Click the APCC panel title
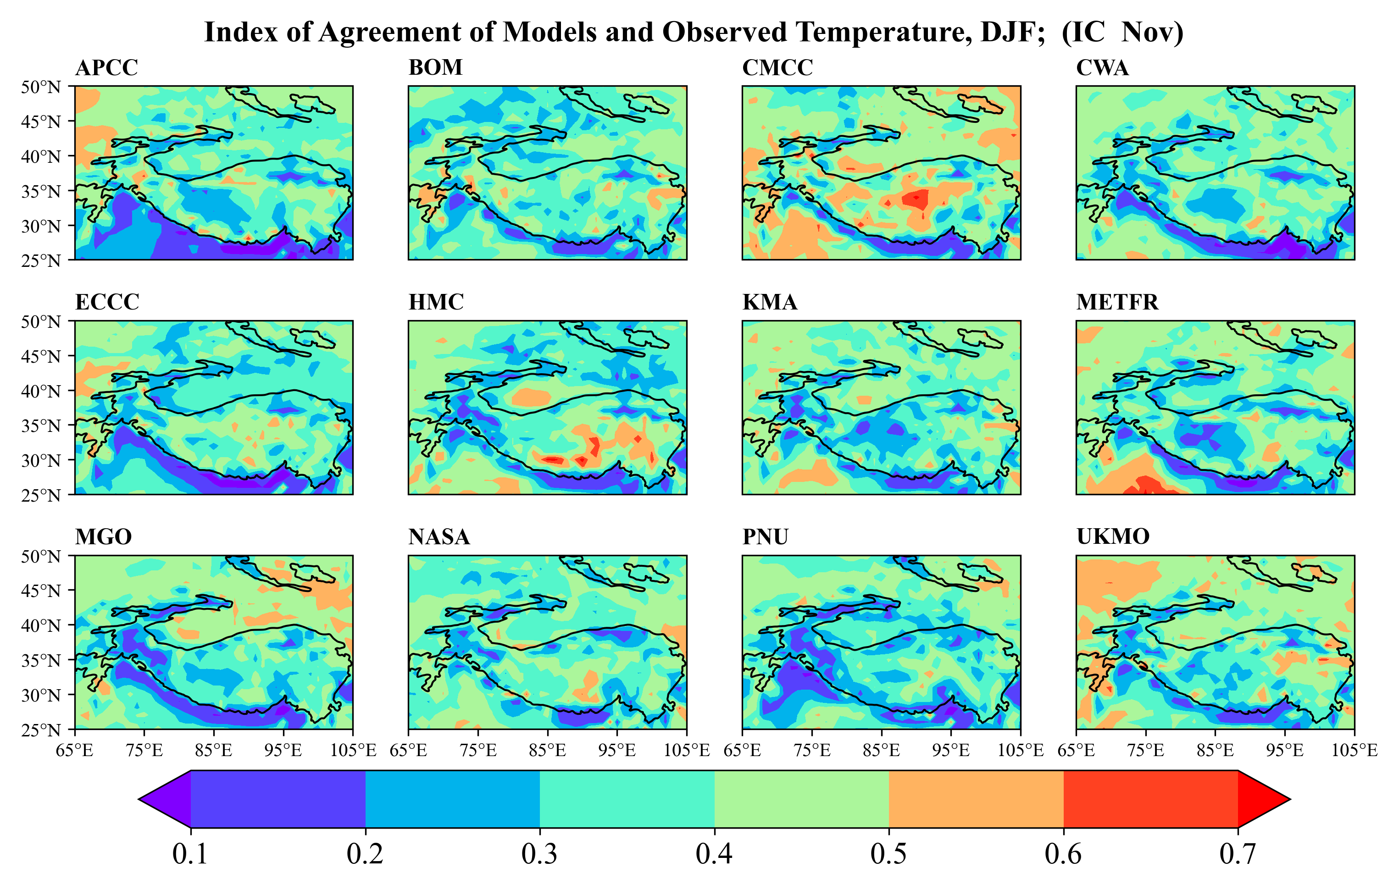point(106,68)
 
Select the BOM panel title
point(435,68)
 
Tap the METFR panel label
point(1116,303)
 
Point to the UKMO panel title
point(1112,537)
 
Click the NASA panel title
point(439,537)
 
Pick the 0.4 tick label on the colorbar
point(714,854)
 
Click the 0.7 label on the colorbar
point(1238,854)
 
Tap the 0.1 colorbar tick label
point(190,854)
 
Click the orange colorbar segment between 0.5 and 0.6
point(976,799)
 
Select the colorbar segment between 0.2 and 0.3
point(453,799)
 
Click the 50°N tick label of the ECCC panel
point(41,322)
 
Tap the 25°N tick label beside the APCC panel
point(41,260)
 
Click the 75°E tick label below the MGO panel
point(144,751)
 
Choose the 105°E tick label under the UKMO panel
point(1354,751)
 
